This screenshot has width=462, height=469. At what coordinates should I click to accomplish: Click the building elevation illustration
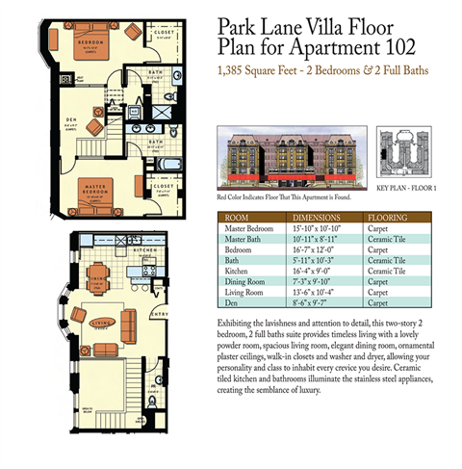tap(295, 158)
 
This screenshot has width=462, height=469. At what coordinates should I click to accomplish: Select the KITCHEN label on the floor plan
tap(144, 250)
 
